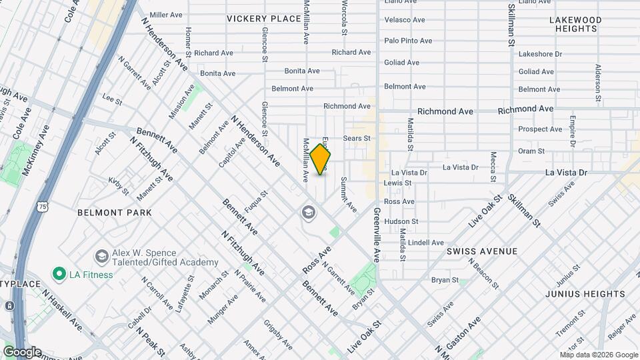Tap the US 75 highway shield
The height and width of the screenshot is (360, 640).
[x=42, y=189]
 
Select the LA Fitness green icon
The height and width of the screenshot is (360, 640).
[x=59, y=274]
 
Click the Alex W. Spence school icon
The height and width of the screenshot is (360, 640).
[x=101, y=257]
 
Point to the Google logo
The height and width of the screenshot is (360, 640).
[x=22, y=352]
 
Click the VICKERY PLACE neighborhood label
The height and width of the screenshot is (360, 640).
[x=263, y=19]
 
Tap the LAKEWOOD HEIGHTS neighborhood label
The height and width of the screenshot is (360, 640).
[x=575, y=25]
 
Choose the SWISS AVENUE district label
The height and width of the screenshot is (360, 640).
[x=482, y=251]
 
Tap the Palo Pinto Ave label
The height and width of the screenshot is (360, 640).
[x=409, y=41]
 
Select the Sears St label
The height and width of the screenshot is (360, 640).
[x=356, y=139]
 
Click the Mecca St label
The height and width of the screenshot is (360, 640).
[x=493, y=167]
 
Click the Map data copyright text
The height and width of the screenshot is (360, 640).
[x=598, y=355]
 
